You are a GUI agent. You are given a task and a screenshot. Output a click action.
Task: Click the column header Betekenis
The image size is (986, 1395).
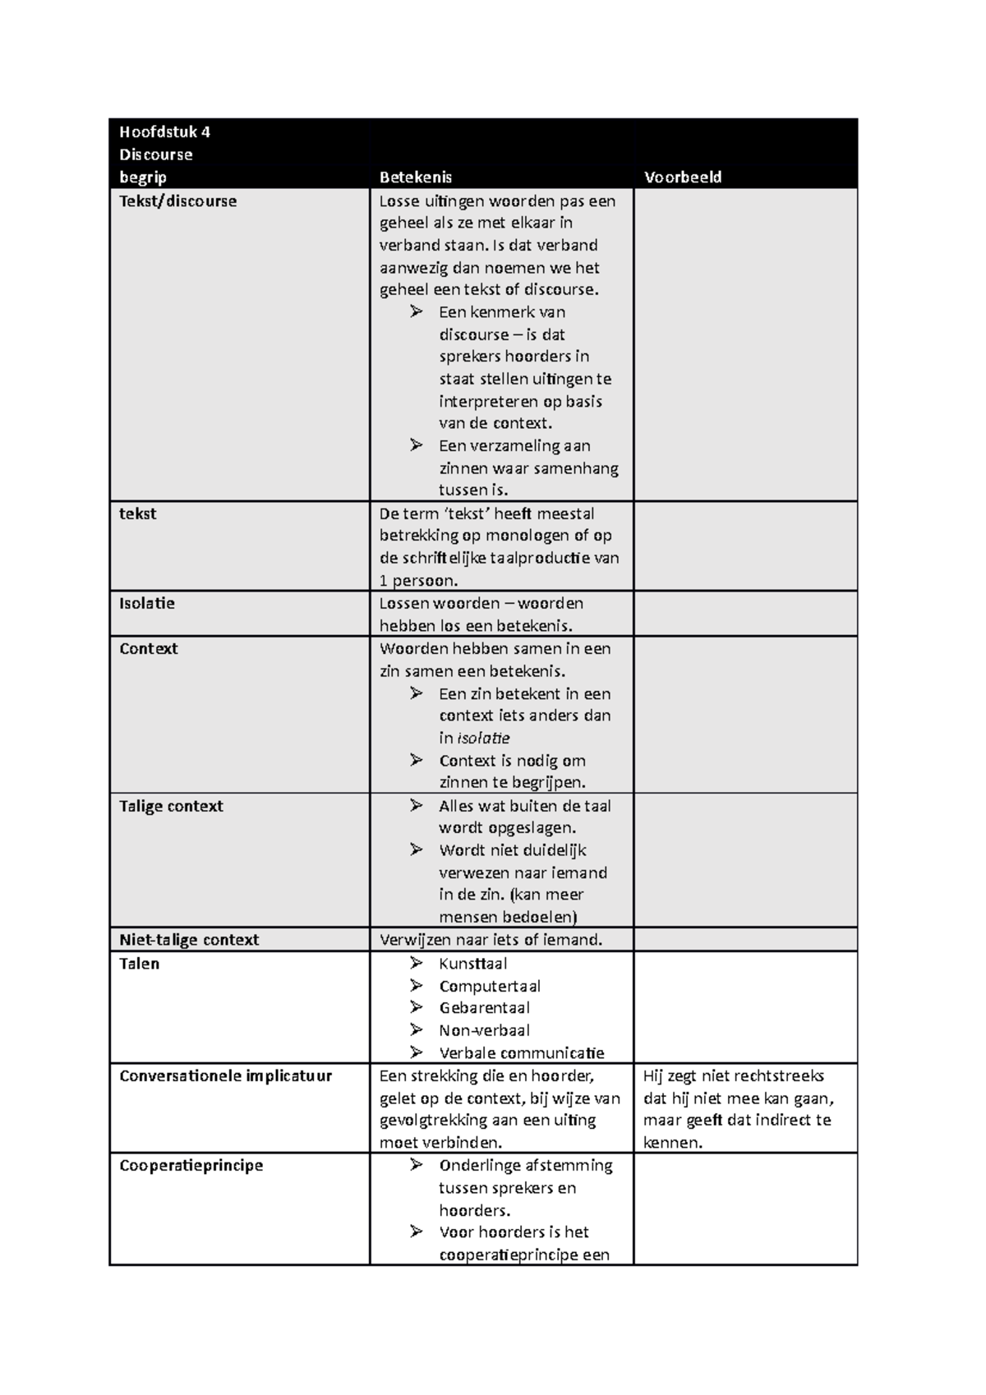click(x=415, y=177)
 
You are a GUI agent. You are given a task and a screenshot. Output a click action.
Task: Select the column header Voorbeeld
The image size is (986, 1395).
click(x=682, y=177)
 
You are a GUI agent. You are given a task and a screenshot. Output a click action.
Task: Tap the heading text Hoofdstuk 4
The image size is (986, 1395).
click(x=164, y=131)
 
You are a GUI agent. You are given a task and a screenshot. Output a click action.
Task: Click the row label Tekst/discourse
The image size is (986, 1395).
click(x=177, y=201)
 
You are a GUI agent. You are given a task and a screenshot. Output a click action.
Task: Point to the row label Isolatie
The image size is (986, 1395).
click(x=147, y=603)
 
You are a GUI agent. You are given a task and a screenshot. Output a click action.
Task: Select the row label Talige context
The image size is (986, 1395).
click(x=171, y=806)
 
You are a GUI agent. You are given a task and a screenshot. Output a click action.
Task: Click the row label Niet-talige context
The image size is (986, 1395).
click(x=189, y=940)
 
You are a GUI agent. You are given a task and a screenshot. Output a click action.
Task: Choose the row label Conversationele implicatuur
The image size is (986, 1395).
click(x=225, y=1076)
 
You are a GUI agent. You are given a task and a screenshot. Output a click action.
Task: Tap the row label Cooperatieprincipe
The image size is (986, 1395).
click(x=191, y=1166)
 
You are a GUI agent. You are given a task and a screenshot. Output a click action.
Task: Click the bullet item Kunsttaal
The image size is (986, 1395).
click(x=472, y=964)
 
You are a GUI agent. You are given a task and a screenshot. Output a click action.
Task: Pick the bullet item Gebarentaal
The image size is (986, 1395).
click(x=484, y=1008)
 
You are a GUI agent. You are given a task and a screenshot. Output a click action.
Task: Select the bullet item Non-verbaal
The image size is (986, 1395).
click(x=484, y=1030)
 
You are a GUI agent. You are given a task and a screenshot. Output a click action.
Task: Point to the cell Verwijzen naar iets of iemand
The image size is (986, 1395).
click(x=491, y=940)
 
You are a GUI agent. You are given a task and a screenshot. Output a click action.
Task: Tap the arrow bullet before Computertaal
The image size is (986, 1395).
click(x=417, y=985)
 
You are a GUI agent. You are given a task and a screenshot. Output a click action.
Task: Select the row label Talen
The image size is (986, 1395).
click(x=139, y=964)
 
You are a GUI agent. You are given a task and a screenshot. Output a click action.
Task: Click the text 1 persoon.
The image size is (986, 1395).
click(x=418, y=581)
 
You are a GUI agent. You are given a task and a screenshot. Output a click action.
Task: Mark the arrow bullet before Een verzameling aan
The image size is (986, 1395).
click(x=417, y=445)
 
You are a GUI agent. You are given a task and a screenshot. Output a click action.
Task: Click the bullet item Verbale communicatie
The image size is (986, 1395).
click(x=521, y=1053)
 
